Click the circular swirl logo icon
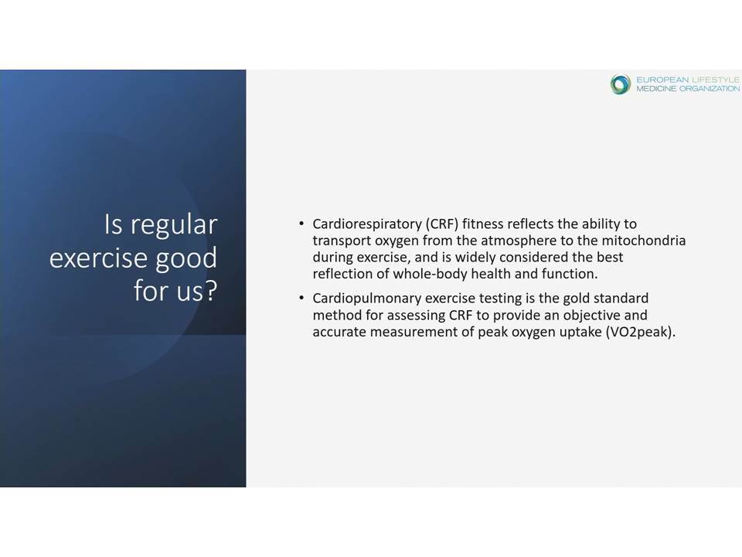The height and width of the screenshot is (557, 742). click(x=621, y=84)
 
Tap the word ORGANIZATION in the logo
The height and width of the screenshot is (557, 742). click(x=710, y=88)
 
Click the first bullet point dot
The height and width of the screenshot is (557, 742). click(x=301, y=223)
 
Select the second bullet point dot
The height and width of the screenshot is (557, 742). click(x=301, y=298)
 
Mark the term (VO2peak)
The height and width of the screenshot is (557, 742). click(x=640, y=332)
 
